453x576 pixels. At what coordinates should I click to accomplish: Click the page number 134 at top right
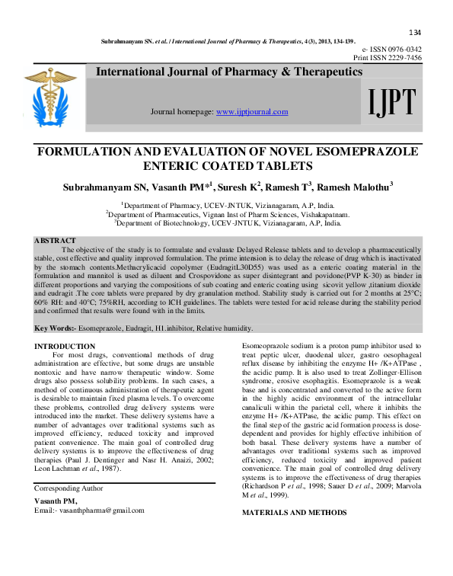(415, 32)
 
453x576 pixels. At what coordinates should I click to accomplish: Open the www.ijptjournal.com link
(252, 112)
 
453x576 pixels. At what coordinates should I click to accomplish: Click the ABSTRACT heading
(56, 241)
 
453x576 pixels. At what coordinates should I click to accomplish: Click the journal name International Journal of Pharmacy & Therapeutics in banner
(228, 72)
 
